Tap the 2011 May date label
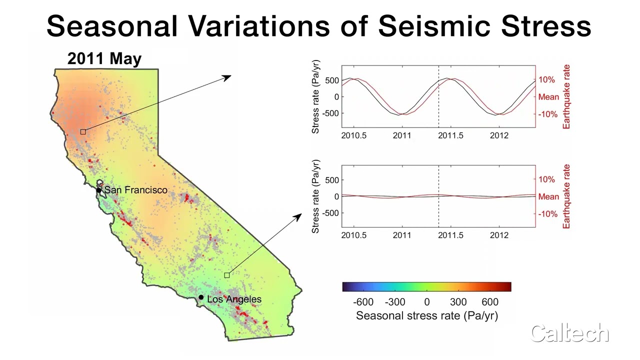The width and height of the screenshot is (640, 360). coord(104,58)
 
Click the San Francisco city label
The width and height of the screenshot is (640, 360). coord(135,190)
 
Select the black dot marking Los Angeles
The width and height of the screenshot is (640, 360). coord(201,297)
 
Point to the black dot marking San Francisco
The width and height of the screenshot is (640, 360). coord(99,190)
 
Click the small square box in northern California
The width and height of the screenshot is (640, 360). coord(83,131)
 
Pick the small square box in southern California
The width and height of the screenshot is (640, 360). coord(226,275)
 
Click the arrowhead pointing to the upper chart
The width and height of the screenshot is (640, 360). coord(228,77)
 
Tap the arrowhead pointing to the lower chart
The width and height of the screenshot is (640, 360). coord(298,216)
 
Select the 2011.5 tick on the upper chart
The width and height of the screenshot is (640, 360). coord(451,135)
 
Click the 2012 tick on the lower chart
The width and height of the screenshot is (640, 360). coord(499,235)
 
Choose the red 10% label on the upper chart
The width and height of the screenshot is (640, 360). coord(546,80)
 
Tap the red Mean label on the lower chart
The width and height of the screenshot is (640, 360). coord(548,196)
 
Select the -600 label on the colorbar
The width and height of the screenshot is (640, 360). coord(363,302)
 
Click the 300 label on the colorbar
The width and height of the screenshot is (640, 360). coord(458,302)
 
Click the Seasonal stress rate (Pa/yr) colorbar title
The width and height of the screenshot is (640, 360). coord(426,315)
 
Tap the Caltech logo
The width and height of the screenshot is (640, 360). coord(569,333)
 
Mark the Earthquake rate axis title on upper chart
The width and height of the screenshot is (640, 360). coord(566,97)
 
